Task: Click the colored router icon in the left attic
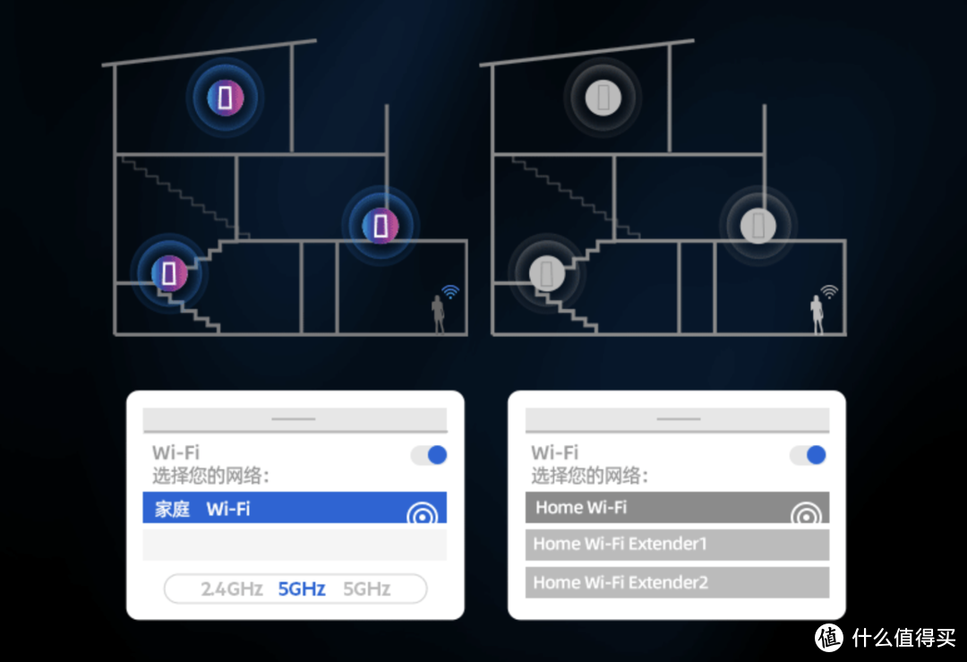pyautogui.click(x=225, y=98)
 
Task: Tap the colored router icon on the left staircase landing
pyautogui.click(x=169, y=272)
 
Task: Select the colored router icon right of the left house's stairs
pyautogui.click(x=381, y=225)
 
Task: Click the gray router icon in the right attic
pyautogui.click(x=603, y=98)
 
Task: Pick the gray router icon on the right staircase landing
pyautogui.click(x=547, y=272)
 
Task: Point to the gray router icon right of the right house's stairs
pyautogui.click(x=758, y=225)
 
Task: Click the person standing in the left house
pyautogui.click(x=438, y=314)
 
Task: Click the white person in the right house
pyautogui.click(x=817, y=314)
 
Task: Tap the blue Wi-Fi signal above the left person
pyautogui.click(x=450, y=291)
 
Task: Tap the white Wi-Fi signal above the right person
pyautogui.click(x=829, y=291)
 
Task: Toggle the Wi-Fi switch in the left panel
pyautogui.click(x=429, y=455)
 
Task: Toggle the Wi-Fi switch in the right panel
pyautogui.click(x=808, y=455)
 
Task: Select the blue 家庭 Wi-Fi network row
pyautogui.click(x=295, y=508)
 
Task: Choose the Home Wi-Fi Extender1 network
pyautogui.click(x=677, y=544)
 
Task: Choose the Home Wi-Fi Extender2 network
pyautogui.click(x=677, y=582)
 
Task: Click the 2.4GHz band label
pyautogui.click(x=232, y=589)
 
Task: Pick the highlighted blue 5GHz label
pyautogui.click(x=302, y=589)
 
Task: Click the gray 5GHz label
pyautogui.click(x=367, y=589)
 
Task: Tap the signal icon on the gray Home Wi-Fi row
pyautogui.click(x=806, y=513)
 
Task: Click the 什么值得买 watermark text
pyautogui.click(x=903, y=638)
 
